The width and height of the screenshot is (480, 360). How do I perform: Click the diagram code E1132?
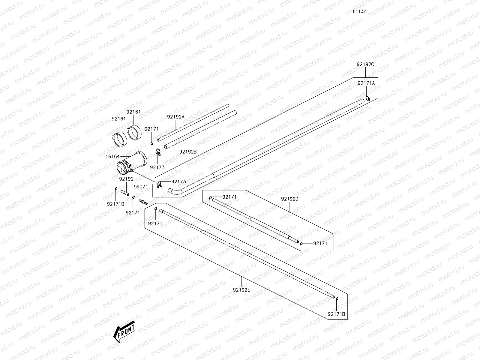coord(359,11)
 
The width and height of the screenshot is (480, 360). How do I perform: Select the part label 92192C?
coord(365,64)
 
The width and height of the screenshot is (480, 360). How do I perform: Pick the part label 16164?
coord(112,157)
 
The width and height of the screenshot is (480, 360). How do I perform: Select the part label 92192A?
coord(176,117)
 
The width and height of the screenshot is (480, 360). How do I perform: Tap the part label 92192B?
coord(188,152)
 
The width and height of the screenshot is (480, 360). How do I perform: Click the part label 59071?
coord(141,187)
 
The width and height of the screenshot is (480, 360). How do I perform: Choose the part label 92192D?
coord(290,199)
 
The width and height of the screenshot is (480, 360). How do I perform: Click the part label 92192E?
coord(241,290)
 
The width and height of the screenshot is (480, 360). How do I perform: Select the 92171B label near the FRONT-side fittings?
coord(115,204)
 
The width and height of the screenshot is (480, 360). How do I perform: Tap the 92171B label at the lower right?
coord(336,314)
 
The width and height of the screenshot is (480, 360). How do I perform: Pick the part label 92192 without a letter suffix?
coord(126,179)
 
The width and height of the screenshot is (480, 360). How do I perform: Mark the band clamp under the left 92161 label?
coord(120,139)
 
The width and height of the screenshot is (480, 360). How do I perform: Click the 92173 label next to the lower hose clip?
coord(179,181)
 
